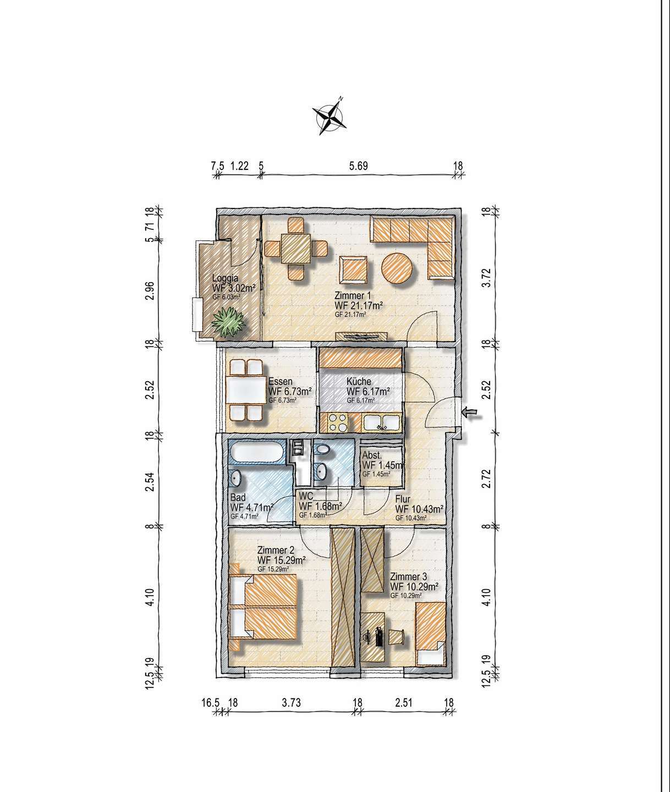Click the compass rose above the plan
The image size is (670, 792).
tap(329, 116)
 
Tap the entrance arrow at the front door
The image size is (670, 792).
tap(471, 413)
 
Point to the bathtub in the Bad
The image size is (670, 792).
tap(256, 452)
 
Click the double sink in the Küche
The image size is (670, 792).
tap(382, 422)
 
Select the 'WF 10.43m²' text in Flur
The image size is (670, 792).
tap(419, 509)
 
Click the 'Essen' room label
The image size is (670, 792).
tap(280, 381)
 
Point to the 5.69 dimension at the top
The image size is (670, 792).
tap(359, 166)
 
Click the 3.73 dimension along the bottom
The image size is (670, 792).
tap(292, 703)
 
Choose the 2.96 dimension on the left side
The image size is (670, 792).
tap(150, 291)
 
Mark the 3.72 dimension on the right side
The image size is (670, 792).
tap(486, 278)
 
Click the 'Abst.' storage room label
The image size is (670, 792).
tap(372, 455)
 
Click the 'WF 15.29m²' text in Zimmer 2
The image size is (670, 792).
tap(281, 560)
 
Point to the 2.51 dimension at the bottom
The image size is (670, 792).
tap(404, 703)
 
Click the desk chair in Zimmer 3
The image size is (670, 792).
tap(397, 637)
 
